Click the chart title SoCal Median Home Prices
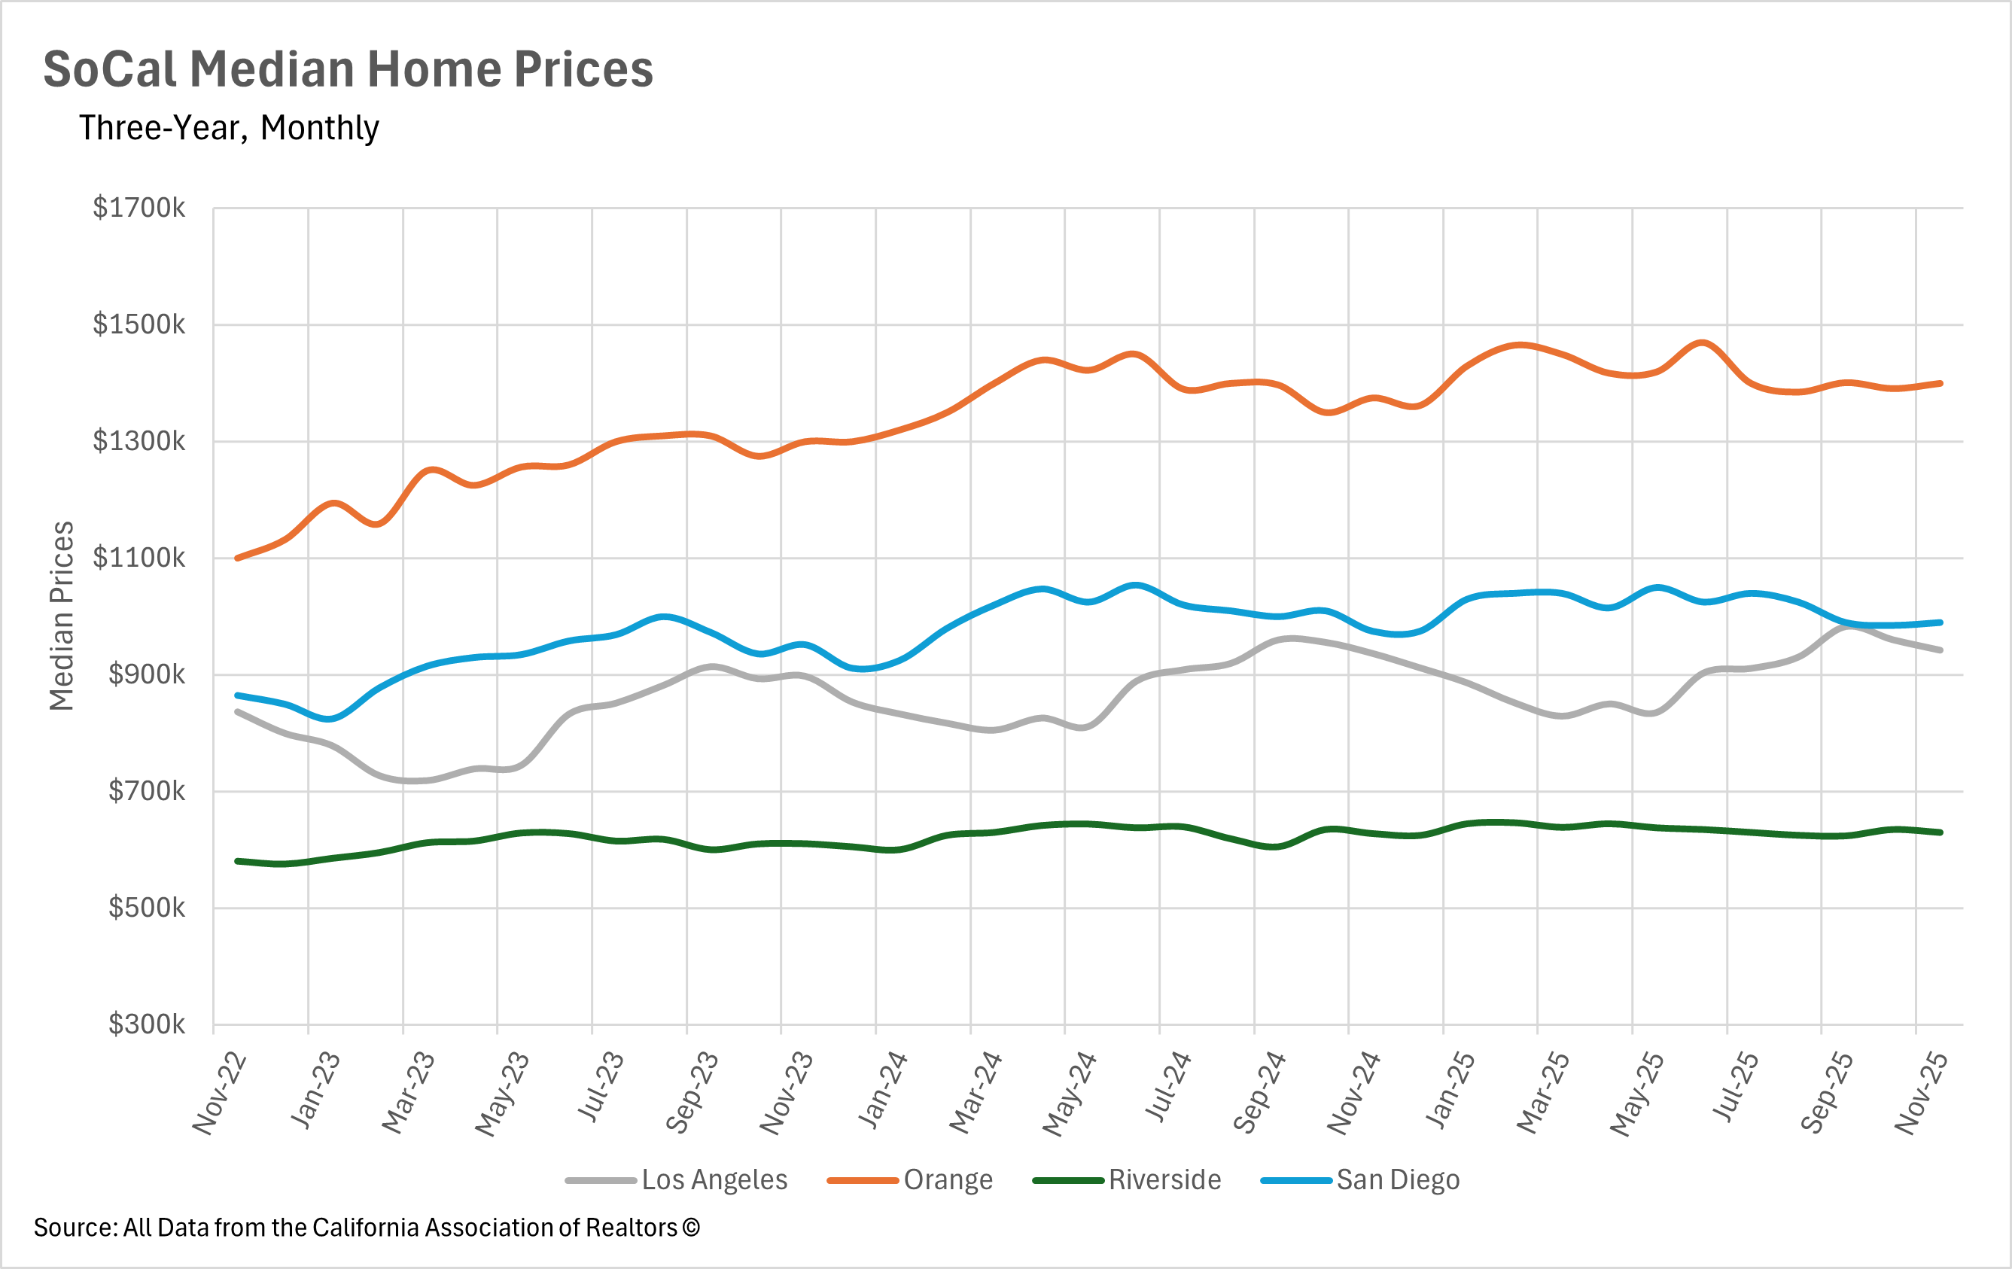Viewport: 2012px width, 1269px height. tap(348, 68)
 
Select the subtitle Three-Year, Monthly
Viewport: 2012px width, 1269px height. tap(229, 128)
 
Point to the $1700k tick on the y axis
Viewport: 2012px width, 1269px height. tap(138, 208)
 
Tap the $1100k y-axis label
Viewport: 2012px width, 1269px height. tap(138, 557)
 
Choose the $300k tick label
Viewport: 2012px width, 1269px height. tap(146, 1024)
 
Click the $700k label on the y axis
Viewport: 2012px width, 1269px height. tap(146, 790)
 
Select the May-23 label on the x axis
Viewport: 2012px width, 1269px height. tap(503, 1094)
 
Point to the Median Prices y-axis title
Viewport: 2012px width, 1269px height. tap(62, 616)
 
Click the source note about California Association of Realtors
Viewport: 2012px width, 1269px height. tap(366, 1228)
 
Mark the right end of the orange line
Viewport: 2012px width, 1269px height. tap(1940, 383)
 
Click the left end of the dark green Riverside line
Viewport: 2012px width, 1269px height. tap(238, 861)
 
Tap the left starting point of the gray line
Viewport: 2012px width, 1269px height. tap(238, 712)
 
